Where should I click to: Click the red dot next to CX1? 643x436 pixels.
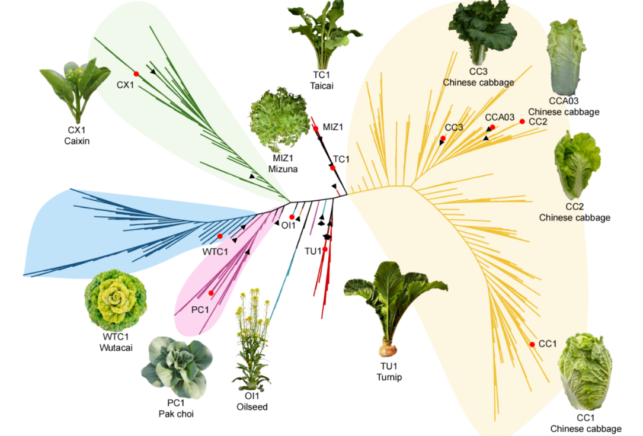coord(136,73)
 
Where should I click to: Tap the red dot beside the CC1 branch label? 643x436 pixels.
coord(532,345)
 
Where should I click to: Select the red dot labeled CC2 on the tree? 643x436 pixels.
coord(522,121)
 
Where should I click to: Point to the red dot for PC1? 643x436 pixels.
coord(211,293)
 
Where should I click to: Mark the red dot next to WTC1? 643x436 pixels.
coord(220,236)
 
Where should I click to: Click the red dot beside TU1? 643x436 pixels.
coord(325,249)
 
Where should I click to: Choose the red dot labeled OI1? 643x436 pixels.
coord(292,217)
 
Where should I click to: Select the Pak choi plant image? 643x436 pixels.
coord(176,367)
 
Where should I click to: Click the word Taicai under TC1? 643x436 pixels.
coord(322,85)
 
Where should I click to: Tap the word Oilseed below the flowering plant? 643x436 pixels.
coord(252,406)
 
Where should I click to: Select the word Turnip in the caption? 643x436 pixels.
coord(389,377)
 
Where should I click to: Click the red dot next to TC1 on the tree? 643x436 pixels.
coord(332,168)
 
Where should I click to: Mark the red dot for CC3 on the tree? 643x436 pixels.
coord(443,138)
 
